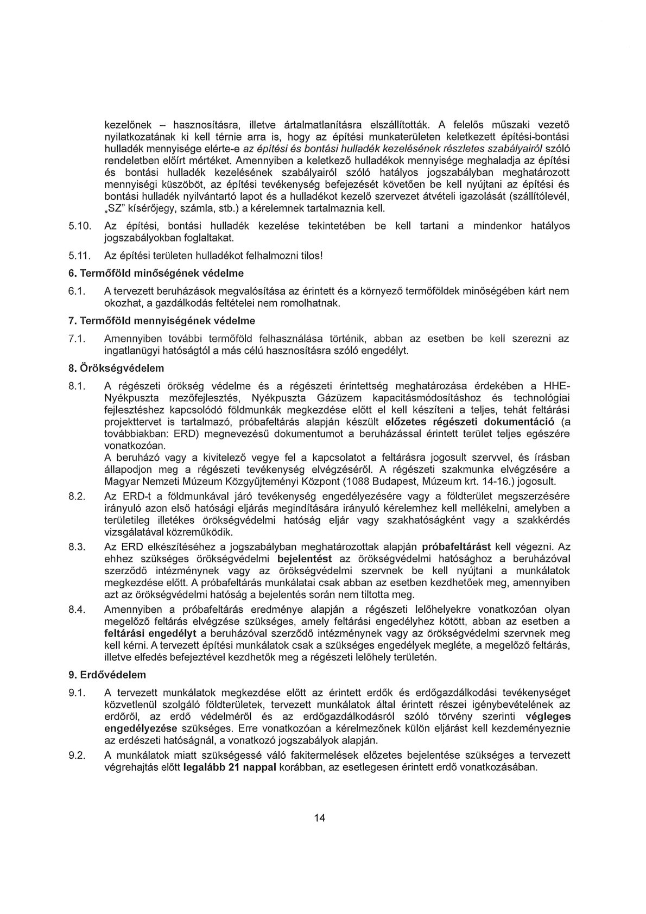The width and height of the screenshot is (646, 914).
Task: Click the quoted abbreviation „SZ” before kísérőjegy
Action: (x=114, y=208)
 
